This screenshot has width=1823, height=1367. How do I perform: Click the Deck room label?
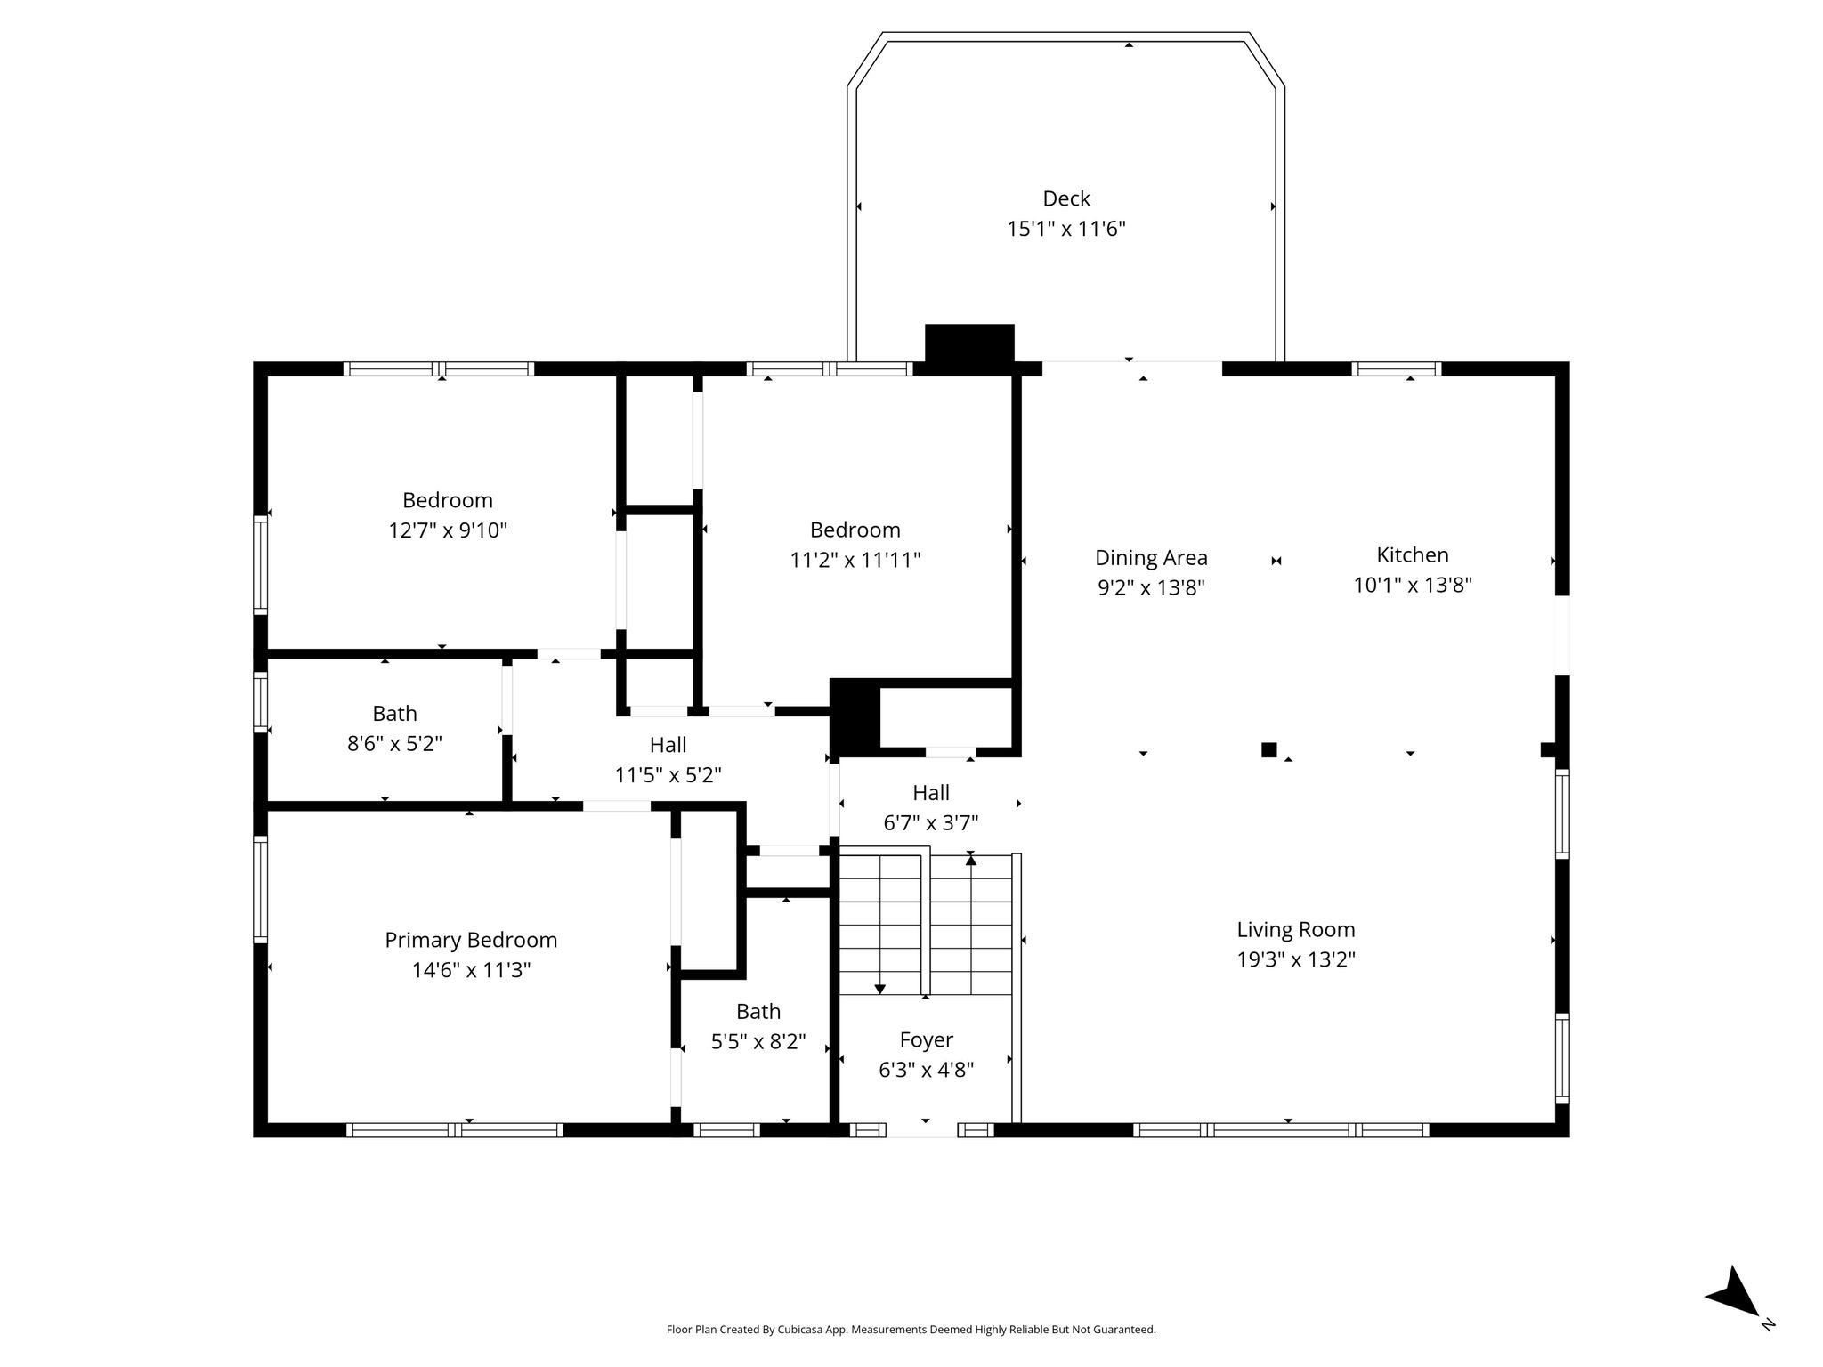click(x=1066, y=198)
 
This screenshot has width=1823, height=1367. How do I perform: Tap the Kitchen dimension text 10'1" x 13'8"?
click(x=1413, y=585)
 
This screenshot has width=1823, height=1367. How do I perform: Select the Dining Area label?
click(x=1151, y=558)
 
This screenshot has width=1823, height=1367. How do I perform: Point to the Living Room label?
click(x=1296, y=929)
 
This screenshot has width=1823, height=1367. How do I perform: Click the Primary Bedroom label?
click(x=471, y=940)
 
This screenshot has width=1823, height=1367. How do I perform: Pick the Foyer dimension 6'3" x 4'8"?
click(x=927, y=1070)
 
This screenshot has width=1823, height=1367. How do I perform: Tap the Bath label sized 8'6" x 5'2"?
click(x=394, y=713)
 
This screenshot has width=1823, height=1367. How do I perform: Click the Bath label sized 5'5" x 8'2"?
click(x=758, y=1011)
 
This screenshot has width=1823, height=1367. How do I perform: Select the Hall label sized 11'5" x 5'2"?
click(x=668, y=744)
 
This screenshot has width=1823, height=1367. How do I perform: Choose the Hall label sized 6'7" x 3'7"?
click(x=931, y=792)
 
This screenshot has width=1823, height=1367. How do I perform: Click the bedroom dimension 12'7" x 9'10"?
click(x=448, y=530)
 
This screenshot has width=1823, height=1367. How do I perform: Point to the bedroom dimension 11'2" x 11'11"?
click(x=855, y=560)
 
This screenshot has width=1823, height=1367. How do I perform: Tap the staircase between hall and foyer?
click(x=927, y=925)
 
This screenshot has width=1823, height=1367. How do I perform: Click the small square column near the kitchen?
click(x=1269, y=750)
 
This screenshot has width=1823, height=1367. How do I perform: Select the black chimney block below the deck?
click(x=969, y=344)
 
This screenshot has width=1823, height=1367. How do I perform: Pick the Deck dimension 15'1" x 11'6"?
click(x=1066, y=229)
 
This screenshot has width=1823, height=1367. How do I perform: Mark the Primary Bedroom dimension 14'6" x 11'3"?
click(x=471, y=969)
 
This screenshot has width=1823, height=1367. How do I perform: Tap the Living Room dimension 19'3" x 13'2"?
click(x=1296, y=959)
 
